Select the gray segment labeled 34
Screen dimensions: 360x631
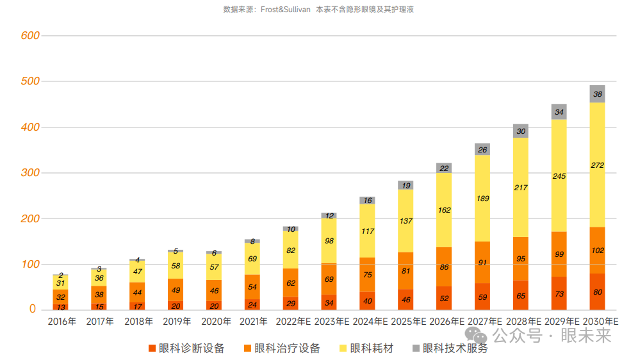(x=559, y=112)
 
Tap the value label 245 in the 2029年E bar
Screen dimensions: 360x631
(x=559, y=176)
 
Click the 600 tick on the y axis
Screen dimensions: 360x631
(x=30, y=36)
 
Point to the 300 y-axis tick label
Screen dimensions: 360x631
(x=30, y=173)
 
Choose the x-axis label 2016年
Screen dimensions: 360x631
(x=62, y=322)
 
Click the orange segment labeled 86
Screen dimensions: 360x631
(x=444, y=266)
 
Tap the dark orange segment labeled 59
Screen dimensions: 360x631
(x=482, y=297)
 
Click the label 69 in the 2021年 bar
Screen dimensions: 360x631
(x=252, y=258)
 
